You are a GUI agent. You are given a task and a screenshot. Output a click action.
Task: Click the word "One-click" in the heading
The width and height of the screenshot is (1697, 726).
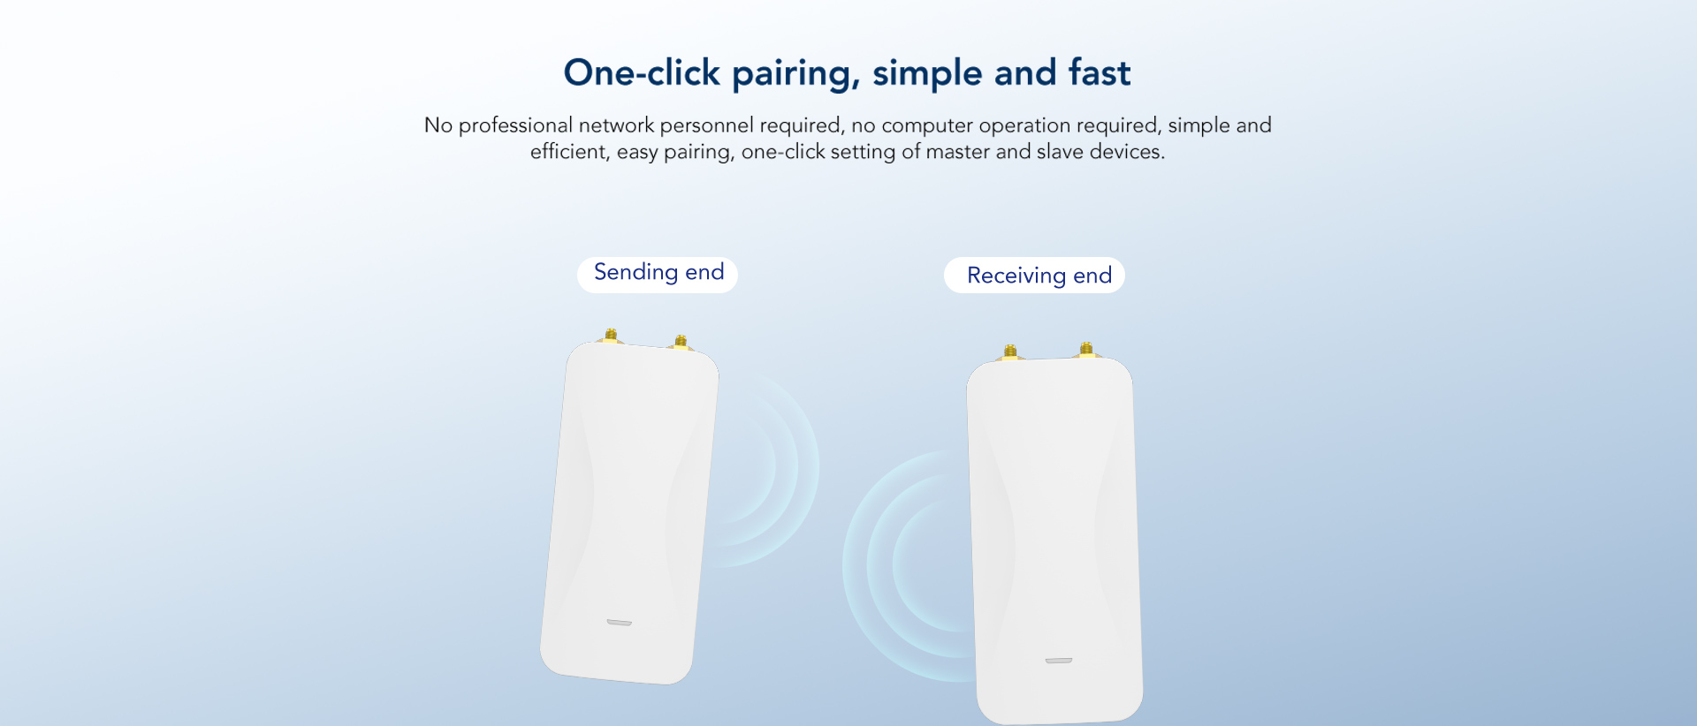642,72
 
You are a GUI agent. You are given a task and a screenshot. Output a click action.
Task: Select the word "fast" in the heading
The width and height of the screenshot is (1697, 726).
1100,72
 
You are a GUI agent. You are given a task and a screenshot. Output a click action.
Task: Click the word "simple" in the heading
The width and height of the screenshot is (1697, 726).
927,75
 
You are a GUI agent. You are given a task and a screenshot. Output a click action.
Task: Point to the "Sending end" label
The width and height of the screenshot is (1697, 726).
658,274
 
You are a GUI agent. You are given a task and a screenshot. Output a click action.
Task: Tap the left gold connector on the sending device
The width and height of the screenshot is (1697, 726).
611,335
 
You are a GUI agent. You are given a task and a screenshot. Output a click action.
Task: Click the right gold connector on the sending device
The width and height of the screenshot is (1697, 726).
680,341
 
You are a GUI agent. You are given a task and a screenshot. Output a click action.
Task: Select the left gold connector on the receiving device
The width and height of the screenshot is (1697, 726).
1010,352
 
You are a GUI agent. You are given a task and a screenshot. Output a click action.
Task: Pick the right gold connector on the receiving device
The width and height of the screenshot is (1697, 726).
1086,349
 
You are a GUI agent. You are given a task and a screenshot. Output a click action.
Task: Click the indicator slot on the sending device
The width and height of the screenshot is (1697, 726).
619,623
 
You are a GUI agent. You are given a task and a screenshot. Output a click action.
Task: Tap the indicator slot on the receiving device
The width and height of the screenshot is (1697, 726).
1059,661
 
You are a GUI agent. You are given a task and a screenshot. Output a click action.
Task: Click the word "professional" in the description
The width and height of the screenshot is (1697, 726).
515,125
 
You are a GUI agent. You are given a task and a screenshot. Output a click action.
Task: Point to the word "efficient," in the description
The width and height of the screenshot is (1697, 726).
570,152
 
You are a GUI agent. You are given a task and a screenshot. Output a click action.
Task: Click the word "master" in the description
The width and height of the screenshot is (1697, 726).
957,152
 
